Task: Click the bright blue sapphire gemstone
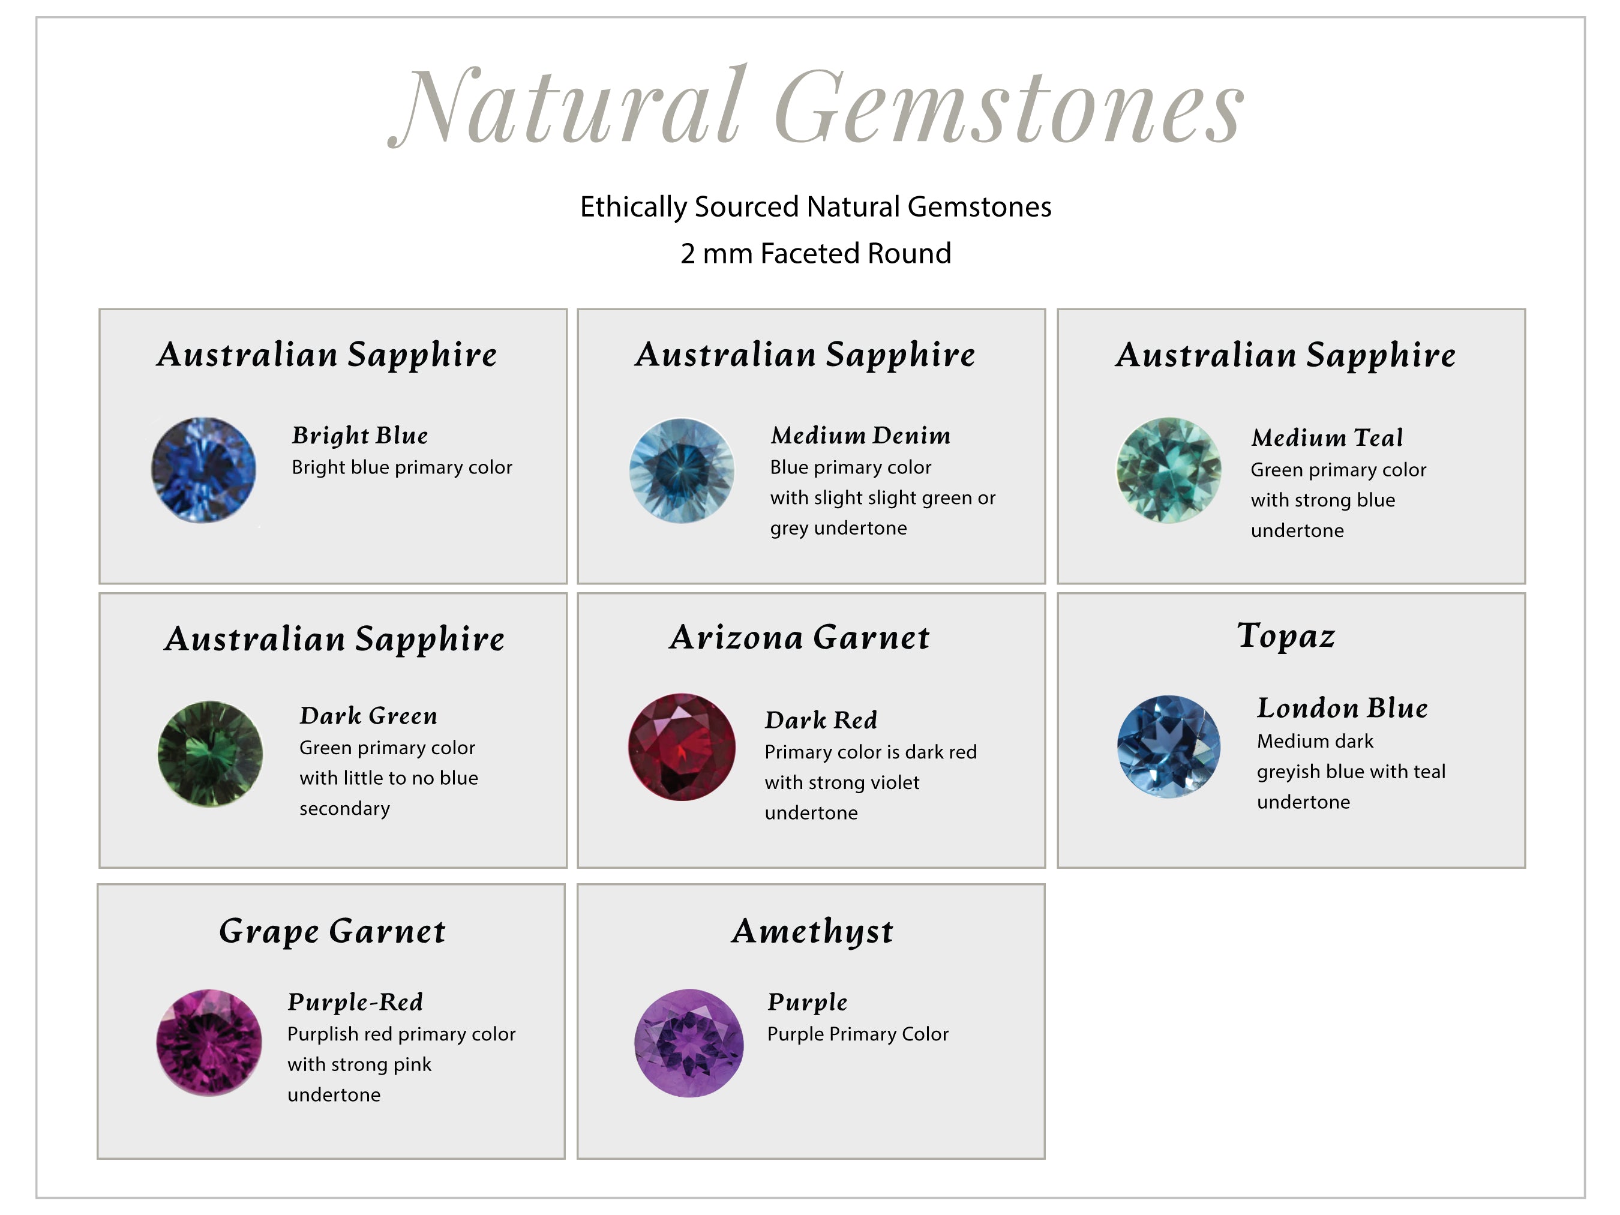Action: [x=203, y=470]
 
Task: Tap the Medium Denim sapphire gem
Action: [x=682, y=470]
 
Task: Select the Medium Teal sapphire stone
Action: [x=1169, y=470]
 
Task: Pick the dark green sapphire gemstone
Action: [x=210, y=754]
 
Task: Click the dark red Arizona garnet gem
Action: [x=682, y=746]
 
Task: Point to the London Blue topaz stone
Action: [x=1169, y=746]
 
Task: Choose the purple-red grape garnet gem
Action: [x=209, y=1042]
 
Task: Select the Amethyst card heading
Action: [x=812, y=932]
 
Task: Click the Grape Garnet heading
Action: [x=332, y=932]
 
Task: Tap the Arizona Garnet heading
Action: [x=799, y=637]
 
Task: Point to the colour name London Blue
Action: [x=1342, y=708]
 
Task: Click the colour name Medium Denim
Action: [x=860, y=435]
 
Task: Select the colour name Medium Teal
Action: [x=1327, y=437]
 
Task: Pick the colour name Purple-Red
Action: [x=355, y=1002]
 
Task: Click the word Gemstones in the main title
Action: [x=1009, y=106]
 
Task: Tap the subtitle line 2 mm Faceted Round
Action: [x=816, y=253]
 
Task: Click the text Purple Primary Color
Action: [x=857, y=1034]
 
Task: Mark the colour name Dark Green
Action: [x=368, y=716]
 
